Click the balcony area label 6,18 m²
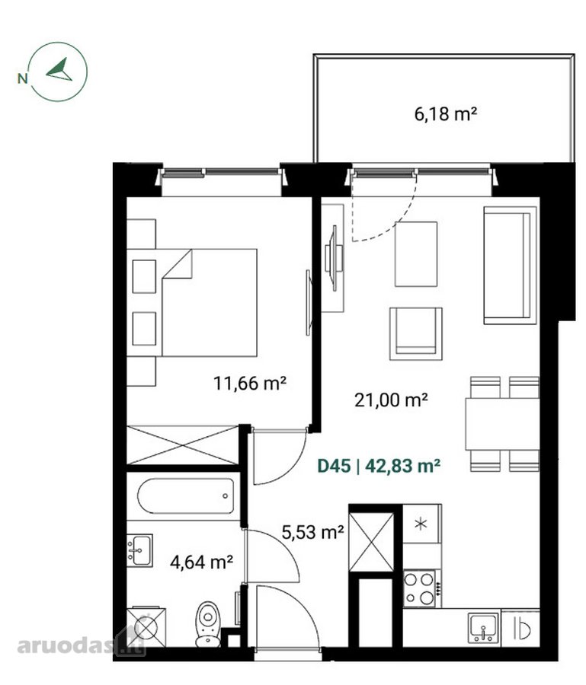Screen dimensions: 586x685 pos(445,114)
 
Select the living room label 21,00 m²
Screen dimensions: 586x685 pos(391,400)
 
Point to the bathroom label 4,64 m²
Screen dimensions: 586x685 pos(201,562)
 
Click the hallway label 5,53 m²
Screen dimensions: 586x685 pos(312,532)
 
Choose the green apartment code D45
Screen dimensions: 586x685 pos(334,466)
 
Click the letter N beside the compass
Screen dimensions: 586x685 pos(22,78)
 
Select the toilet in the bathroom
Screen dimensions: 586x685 pos(208,623)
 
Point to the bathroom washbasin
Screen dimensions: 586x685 pos(139,550)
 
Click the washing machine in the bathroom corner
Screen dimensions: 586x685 pos(146,627)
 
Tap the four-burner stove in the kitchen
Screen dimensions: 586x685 pos(419,588)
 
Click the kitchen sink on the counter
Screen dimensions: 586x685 pos(483,627)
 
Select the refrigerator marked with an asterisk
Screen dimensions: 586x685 pos(421,524)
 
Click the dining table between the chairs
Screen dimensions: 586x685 pos(502,424)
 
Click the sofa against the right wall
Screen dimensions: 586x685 pos(511,266)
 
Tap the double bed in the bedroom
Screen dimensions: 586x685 pos(209,302)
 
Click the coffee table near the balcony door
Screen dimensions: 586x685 pos(416,253)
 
